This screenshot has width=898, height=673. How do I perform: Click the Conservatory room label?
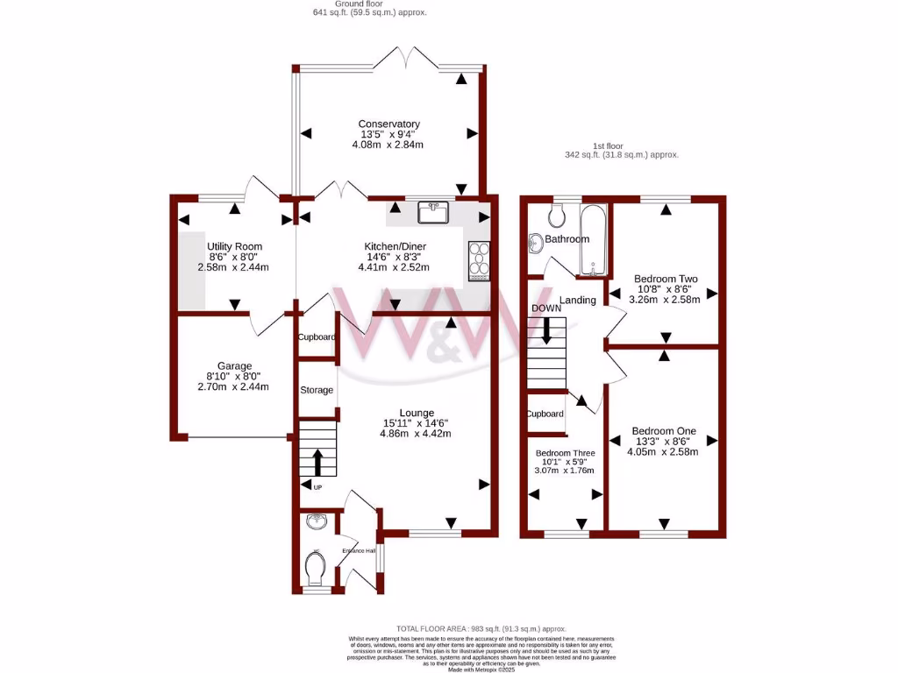click(388, 124)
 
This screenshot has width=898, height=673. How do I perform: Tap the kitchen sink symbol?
click(433, 212)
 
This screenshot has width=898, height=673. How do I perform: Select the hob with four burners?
click(480, 260)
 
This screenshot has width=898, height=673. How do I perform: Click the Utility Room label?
click(234, 246)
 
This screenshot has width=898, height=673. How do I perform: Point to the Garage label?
click(234, 366)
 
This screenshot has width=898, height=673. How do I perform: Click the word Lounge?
click(417, 413)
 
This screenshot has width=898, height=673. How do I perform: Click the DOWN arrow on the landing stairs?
click(546, 329)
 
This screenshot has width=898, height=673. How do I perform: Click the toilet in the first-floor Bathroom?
click(555, 215)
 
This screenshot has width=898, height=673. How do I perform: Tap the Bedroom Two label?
click(665, 279)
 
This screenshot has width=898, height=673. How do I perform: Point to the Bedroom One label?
click(664, 431)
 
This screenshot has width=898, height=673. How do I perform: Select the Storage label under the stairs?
click(317, 390)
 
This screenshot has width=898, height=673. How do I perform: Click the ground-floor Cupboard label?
click(317, 336)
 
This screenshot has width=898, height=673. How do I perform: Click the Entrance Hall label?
click(359, 550)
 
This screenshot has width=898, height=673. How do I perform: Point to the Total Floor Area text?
click(481, 629)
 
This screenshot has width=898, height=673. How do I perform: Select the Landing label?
click(578, 300)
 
